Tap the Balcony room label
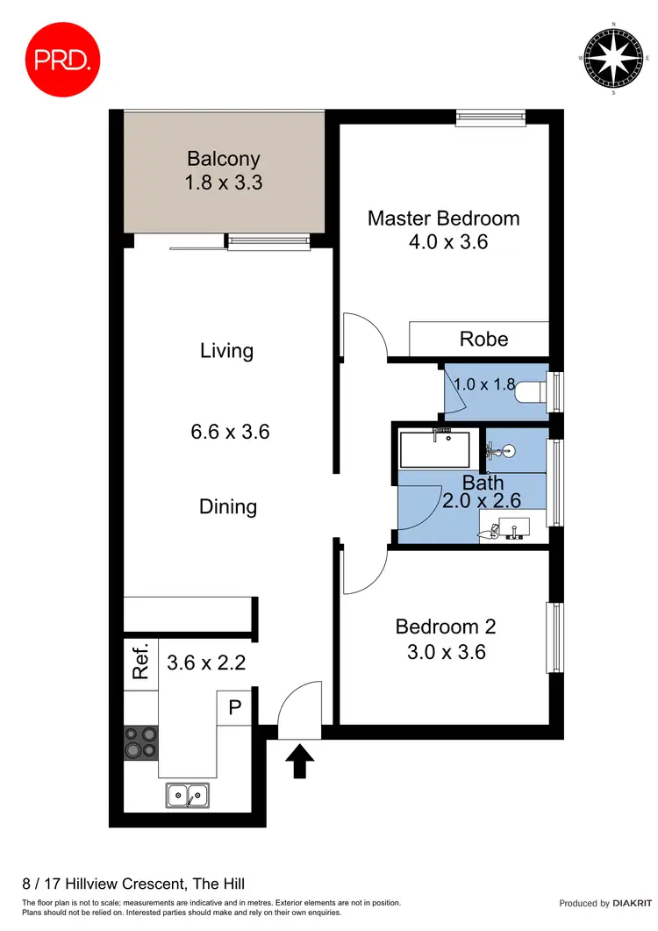[x=224, y=159]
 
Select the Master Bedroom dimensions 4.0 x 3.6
[x=443, y=242]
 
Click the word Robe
[x=483, y=339]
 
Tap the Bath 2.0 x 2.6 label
[x=483, y=492]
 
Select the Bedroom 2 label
[x=446, y=627]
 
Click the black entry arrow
[x=300, y=761]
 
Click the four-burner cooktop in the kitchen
[x=140, y=741]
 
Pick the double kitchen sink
[x=187, y=796]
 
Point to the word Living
[x=226, y=351]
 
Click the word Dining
[x=228, y=506]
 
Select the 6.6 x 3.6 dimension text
[x=230, y=432]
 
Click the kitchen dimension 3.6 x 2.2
[x=206, y=662]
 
